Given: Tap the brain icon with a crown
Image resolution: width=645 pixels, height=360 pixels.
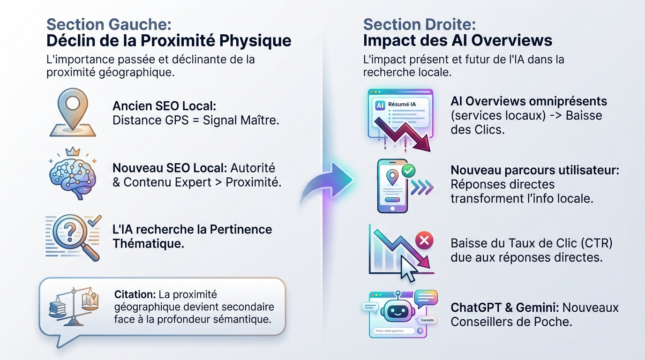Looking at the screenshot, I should (72, 173).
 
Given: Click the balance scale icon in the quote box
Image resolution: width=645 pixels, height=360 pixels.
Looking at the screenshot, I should (73, 306).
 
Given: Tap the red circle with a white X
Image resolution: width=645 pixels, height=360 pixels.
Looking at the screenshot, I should (424, 241).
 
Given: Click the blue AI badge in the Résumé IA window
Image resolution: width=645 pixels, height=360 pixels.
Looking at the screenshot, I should (380, 106).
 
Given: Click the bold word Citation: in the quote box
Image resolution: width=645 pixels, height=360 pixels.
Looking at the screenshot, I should (135, 295).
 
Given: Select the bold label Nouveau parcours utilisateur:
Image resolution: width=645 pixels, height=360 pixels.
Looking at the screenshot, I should (535, 170).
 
